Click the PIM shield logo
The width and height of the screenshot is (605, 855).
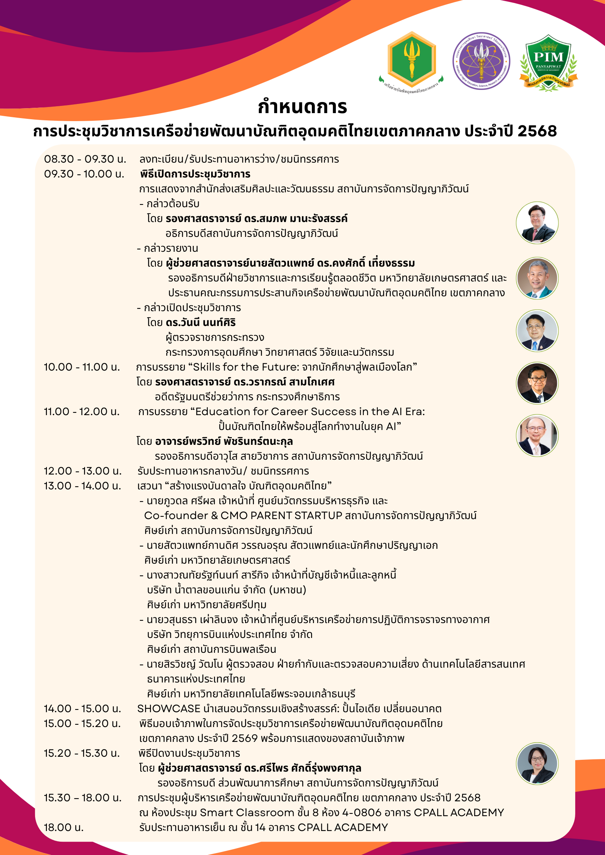549,62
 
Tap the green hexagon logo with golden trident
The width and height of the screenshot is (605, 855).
411,60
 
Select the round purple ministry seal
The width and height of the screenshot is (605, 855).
481,61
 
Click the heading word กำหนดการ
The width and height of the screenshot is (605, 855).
302,107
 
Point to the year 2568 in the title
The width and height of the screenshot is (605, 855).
537,131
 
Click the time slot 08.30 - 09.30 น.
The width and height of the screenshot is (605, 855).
85,159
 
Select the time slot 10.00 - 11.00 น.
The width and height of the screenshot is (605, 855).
82,367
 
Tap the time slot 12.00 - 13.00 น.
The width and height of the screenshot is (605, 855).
82,471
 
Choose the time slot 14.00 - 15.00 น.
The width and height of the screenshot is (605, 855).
82,709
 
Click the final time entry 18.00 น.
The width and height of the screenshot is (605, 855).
63,828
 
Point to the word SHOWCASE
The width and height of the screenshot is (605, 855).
169,709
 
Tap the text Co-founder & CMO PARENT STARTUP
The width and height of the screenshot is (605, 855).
243,516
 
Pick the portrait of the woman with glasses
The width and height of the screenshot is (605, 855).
537,764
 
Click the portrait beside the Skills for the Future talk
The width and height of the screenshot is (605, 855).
537,383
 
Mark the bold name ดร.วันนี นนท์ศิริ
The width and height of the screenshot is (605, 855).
201,323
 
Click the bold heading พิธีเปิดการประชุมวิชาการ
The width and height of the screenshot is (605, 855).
195,174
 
